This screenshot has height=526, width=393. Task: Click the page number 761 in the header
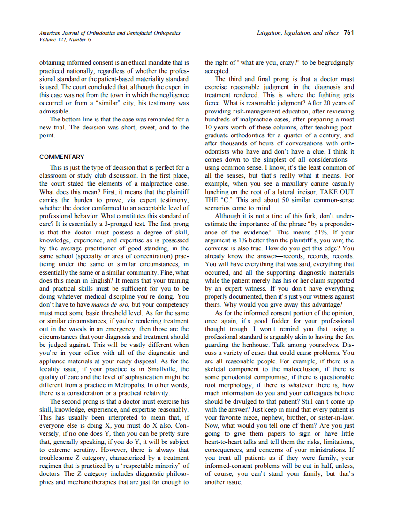click(348, 33)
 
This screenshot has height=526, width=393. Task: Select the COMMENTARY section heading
click(62, 157)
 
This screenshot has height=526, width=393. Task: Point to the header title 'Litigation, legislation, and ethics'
click(297, 33)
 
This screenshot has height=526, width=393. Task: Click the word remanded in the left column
click(157, 119)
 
